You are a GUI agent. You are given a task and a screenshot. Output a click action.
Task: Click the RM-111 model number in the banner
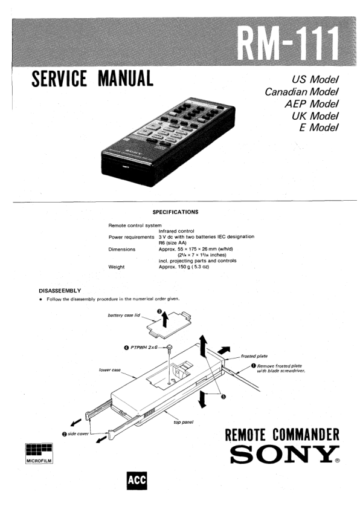[288, 44]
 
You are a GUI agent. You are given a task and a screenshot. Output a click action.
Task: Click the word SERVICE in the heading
[59, 79]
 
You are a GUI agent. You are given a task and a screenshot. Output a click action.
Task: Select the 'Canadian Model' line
[301, 92]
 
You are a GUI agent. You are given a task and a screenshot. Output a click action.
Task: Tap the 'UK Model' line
[315, 115]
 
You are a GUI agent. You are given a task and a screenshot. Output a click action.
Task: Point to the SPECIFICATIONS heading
[175, 212]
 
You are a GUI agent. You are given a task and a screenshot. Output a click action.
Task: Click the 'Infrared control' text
[176, 231]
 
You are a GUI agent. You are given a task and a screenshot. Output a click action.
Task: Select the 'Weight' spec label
[117, 267]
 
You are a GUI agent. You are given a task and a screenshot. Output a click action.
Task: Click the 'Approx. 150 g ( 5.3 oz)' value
[184, 267]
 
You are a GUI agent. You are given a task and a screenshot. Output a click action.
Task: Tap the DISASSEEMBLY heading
[60, 290]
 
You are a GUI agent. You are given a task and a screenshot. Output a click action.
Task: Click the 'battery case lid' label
[124, 315]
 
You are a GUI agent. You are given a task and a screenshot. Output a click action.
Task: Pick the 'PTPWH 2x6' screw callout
[144, 348]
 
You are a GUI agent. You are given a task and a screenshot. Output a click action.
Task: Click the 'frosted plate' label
[254, 356]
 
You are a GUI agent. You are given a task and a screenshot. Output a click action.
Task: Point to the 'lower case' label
[109, 370]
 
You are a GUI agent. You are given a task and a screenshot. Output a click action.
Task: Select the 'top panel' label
[184, 422]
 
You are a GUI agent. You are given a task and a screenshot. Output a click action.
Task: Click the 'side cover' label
[78, 433]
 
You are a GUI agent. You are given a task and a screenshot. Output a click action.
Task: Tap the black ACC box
[137, 481]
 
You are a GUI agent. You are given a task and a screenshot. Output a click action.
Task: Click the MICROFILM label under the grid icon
[39, 460]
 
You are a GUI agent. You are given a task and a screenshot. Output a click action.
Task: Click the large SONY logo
[284, 454]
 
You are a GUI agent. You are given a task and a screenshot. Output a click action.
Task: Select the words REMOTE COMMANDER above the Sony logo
[282, 434]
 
